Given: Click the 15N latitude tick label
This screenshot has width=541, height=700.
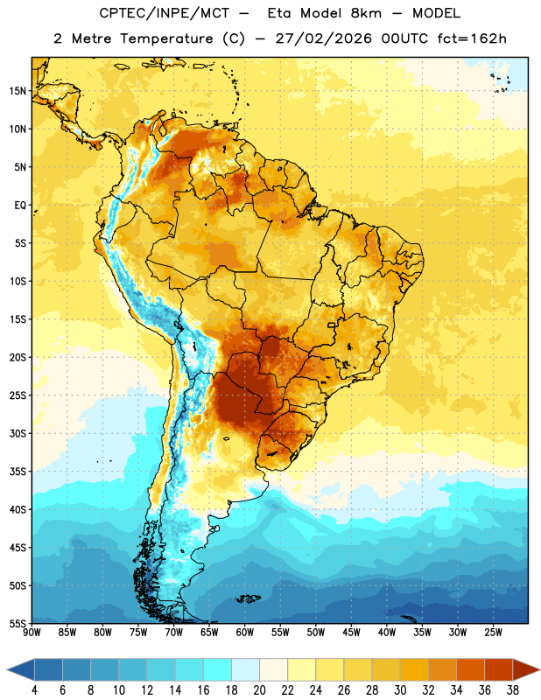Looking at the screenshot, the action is point(18,91).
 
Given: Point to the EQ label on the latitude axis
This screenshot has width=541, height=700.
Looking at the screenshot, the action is point(20,206).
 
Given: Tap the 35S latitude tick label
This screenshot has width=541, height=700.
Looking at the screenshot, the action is point(18,472).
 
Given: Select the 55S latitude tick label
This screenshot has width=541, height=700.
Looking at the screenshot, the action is point(18,623).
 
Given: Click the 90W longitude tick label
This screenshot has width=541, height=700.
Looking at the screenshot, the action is point(32,633).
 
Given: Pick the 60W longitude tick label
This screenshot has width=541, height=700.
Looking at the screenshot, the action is point(244,633).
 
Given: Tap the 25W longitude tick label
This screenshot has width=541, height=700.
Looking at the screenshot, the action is point(493,633).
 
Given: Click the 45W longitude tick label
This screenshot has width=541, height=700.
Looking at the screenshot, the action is point(351,633).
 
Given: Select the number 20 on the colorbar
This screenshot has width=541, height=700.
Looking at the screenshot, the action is point(259,690).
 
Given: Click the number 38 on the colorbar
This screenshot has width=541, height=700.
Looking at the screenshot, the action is point(513,690).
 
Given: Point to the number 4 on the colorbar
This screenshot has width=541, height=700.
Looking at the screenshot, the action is point(34,690).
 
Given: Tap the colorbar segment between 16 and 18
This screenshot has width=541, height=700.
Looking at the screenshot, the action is point(218,669).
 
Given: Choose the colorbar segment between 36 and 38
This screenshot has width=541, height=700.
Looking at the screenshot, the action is point(499,669).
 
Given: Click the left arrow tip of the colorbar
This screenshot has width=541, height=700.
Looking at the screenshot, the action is point(7,669).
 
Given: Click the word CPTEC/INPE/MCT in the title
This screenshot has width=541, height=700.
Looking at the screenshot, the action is point(165,13).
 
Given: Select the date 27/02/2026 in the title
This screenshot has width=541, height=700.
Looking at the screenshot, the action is point(323,38).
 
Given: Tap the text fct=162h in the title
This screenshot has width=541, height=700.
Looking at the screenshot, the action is point(472,38).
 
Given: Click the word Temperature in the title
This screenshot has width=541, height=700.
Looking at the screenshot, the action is point(166,38).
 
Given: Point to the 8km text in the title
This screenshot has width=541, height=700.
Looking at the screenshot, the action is point(366,13).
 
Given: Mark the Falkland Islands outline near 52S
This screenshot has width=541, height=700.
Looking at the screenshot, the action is point(249,598).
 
